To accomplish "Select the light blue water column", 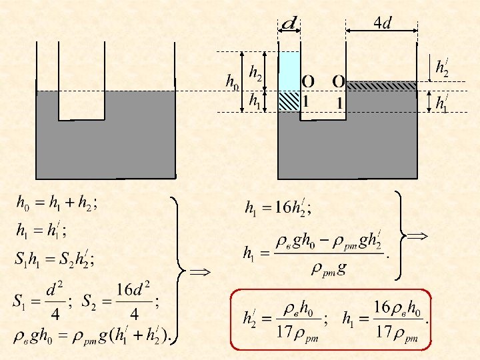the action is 289,71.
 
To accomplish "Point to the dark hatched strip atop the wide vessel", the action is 382,85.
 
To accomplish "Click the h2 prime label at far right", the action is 442,67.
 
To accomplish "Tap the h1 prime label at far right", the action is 441,103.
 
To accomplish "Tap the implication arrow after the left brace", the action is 199,272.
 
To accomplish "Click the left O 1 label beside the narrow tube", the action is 307,91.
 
